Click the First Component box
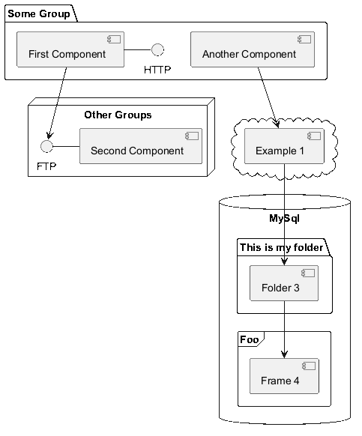click(x=70, y=49)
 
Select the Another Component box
click(x=253, y=49)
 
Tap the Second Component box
click(x=141, y=146)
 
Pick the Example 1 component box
click(x=284, y=146)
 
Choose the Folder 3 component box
click(x=284, y=283)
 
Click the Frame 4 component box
click(x=284, y=376)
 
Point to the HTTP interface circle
click(x=157, y=49)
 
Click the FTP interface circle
click(x=46, y=146)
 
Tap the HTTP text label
click(x=157, y=70)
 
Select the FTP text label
click(x=46, y=166)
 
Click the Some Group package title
click(x=39, y=13)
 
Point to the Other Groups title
click(x=118, y=115)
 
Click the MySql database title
click(x=284, y=218)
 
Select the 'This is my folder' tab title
click(x=281, y=247)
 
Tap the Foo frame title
click(x=249, y=339)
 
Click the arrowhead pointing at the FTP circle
click(x=49, y=136)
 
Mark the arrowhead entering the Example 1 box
click(x=276, y=124)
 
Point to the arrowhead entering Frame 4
click(x=284, y=354)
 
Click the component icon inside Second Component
click(x=192, y=136)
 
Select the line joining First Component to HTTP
click(x=138, y=49)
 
